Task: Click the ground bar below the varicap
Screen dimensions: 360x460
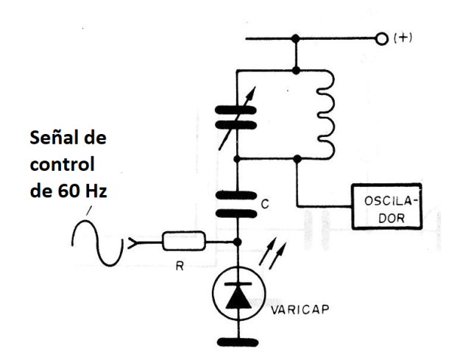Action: point(236,341)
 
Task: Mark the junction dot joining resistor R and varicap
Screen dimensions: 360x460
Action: point(236,241)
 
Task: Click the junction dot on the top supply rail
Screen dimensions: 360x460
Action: point(296,39)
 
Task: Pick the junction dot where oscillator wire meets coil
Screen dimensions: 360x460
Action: point(296,158)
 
